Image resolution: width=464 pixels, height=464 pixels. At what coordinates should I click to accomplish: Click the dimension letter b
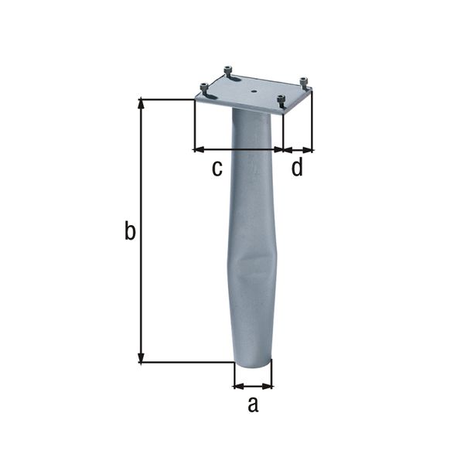pyautogui.click(x=131, y=230)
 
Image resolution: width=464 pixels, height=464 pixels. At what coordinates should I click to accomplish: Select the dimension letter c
pyautogui.click(x=217, y=167)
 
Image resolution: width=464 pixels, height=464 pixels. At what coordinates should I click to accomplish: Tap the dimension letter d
pyautogui.click(x=297, y=167)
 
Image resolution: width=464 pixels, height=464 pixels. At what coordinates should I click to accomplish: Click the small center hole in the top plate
pyautogui.click(x=254, y=90)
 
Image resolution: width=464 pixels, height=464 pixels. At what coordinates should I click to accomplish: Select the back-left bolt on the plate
pyautogui.click(x=229, y=71)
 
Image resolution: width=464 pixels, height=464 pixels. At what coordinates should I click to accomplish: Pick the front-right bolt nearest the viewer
pyautogui.click(x=281, y=99)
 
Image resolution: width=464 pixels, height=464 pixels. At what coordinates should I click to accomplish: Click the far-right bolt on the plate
pyautogui.click(x=303, y=81)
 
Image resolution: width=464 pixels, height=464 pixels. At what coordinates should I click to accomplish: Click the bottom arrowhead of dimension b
pyautogui.click(x=142, y=357)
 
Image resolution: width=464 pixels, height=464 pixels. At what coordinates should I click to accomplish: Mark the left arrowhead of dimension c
pyautogui.click(x=198, y=148)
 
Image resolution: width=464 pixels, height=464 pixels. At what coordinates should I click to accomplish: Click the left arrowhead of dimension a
pyautogui.click(x=237, y=385)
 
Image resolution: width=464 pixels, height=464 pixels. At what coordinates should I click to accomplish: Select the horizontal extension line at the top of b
pyautogui.click(x=166, y=98)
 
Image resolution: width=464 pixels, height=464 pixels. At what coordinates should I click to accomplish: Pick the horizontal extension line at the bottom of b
pyautogui.click(x=186, y=362)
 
